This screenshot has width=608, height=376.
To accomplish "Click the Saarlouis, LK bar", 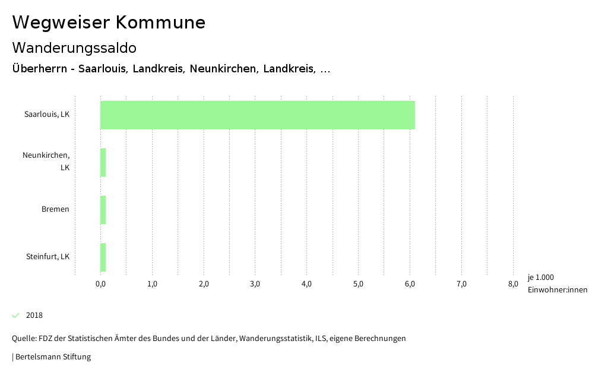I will pos(257,115).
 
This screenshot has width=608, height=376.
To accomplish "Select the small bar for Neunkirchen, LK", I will pos(103,162).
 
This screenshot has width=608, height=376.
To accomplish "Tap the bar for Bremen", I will pos(103,210).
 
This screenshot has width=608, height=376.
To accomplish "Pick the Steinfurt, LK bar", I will pos(103,257).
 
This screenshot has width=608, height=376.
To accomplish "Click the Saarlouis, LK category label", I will pos(47,114).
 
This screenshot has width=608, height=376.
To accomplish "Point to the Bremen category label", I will pos(55,209).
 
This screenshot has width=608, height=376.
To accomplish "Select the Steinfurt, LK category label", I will pos(47,257).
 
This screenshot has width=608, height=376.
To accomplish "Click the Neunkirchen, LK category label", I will pos(46,161).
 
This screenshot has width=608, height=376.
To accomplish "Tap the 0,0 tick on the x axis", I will pos(100,284).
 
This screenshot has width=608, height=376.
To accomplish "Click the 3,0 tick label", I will pos(255,284).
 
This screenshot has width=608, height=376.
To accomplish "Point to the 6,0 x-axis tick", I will pos(410,284).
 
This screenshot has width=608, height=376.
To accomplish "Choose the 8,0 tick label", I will pos(513,284).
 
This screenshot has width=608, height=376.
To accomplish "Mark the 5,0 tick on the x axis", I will pos(358,284).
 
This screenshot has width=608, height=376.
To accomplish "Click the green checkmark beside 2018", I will pos(16,315).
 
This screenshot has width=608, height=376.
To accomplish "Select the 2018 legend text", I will pos(34,316).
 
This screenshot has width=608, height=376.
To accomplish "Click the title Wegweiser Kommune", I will pos(109,23).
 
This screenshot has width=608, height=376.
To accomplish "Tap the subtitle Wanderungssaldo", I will pos(74,47).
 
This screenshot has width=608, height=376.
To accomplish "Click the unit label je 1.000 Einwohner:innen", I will pos(557,283).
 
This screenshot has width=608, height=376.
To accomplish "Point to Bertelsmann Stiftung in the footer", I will pos(53,357).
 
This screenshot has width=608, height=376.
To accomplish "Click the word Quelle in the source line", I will pos(23,339).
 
